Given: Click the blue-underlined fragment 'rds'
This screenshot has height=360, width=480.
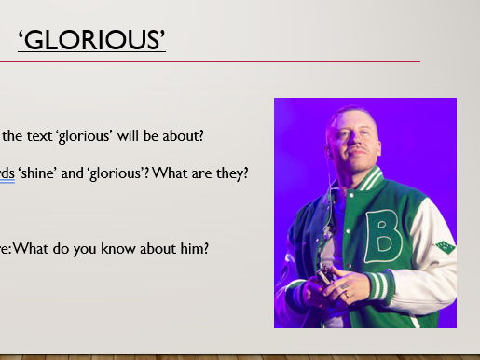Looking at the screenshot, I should (x=7, y=173).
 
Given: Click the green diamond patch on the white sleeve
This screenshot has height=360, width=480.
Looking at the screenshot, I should (x=446, y=247).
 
